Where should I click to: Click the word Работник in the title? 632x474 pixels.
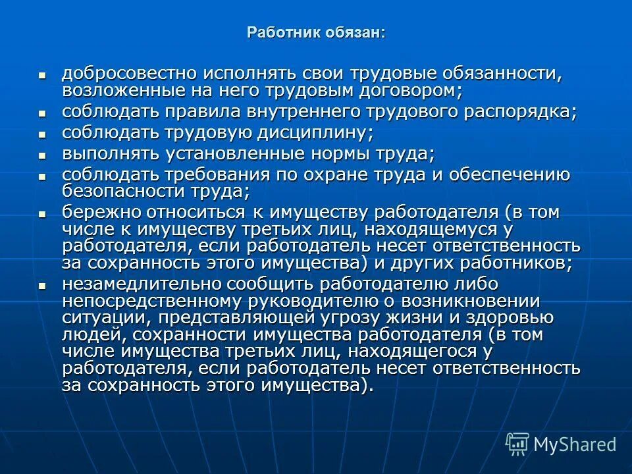(275, 33)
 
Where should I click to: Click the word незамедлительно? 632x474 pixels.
(141, 284)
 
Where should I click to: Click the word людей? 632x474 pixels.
(86, 335)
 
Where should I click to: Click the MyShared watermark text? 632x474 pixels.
(575, 444)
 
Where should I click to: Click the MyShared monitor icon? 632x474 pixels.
(518, 444)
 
